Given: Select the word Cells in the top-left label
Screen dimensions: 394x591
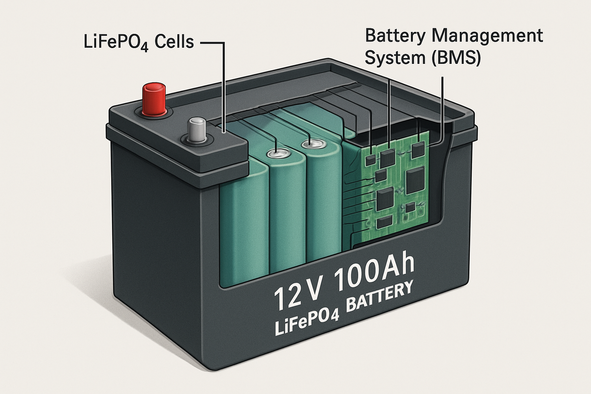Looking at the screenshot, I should [174, 42].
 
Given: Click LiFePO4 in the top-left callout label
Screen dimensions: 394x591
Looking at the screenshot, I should [116, 43].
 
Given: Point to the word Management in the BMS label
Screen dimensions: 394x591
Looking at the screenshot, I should [487, 36].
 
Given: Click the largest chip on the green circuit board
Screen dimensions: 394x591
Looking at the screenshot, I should [415, 180].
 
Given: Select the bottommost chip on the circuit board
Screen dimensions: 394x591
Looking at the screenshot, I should [384, 223].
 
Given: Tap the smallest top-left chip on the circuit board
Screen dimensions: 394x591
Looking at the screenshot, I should [371, 160].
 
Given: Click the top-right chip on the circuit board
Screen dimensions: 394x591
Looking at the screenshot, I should [418, 151].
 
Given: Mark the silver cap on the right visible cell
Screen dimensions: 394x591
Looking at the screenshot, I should [315, 144].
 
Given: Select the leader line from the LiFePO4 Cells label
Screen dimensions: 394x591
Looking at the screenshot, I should [224, 87].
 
